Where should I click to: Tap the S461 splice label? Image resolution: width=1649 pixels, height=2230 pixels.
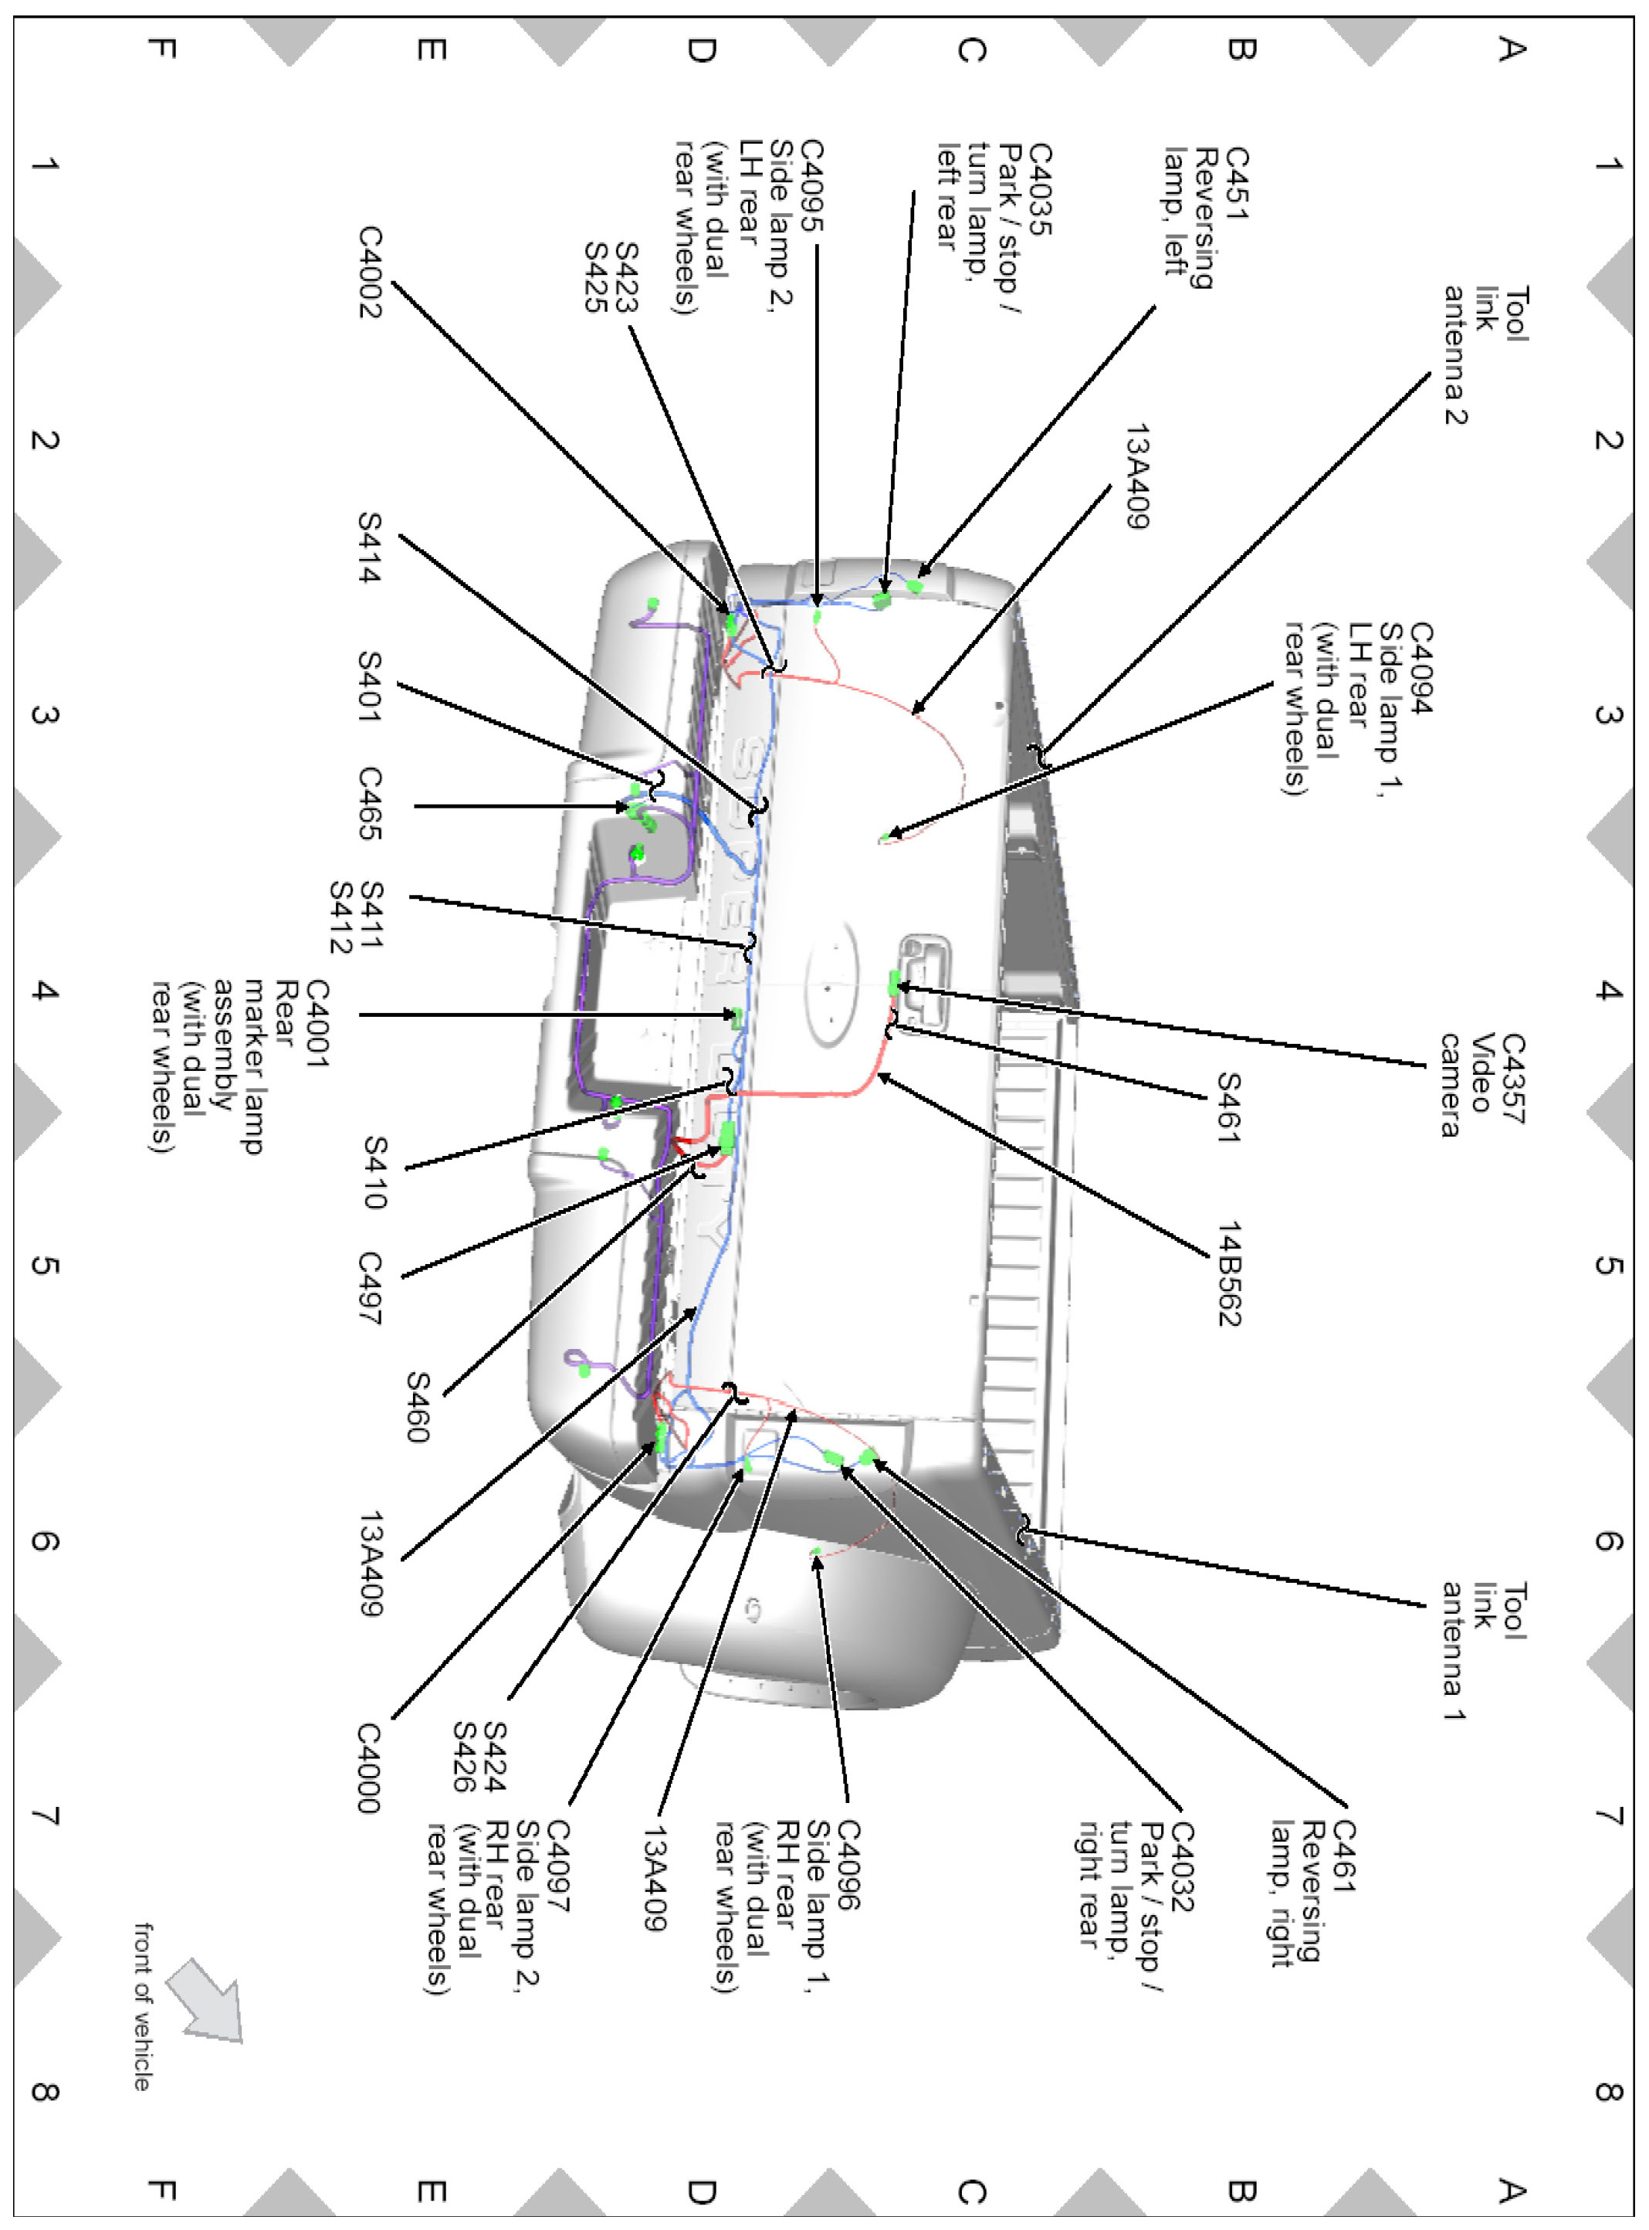(x=1229, y=1106)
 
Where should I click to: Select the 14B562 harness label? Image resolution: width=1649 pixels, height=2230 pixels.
(x=1229, y=1273)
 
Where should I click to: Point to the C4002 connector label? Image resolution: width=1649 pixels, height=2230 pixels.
(x=371, y=272)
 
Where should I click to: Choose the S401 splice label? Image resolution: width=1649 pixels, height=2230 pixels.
(x=371, y=686)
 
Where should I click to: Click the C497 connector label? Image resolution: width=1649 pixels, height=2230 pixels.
(x=371, y=1288)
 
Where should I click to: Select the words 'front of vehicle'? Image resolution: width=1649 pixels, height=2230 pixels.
(x=143, y=2005)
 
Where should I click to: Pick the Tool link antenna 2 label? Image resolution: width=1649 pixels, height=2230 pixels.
(x=1485, y=354)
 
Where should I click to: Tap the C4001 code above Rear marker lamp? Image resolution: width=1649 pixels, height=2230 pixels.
(x=317, y=1023)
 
